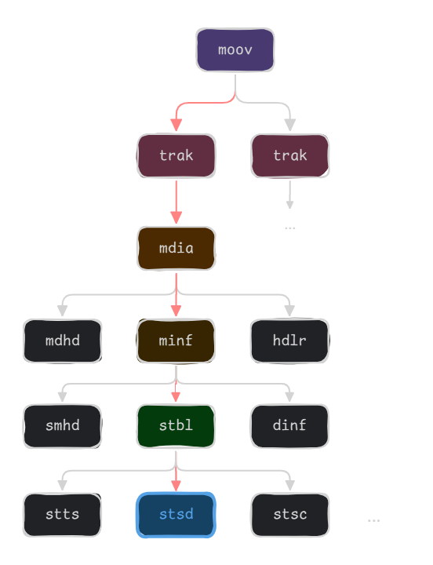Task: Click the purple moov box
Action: click(x=235, y=50)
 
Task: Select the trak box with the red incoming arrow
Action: click(x=176, y=155)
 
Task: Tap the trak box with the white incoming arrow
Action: click(x=289, y=155)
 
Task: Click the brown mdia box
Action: click(x=176, y=249)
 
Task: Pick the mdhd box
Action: click(x=62, y=341)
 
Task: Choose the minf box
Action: click(x=176, y=341)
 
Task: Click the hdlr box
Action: click(x=289, y=341)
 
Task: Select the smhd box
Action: click(x=62, y=426)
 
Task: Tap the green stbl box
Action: click(x=176, y=426)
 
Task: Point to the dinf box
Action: click(x=289, y=426)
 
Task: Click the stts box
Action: click(x=62, y=515)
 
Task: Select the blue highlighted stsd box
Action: click(x=176, y=515)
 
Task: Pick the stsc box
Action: click(x=289, y=515)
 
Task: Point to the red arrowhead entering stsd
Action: click(x=176, y=484)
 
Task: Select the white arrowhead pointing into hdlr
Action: click(x=289, y=311)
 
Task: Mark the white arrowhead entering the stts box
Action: click(x=62, y=484)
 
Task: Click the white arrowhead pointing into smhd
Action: click(x=62, y=397)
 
